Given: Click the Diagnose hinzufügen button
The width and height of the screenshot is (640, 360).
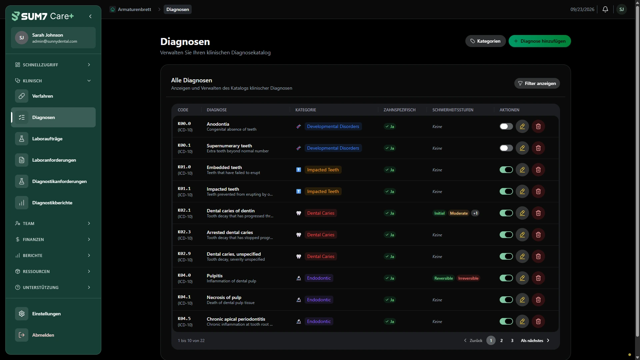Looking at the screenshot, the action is [540, 41].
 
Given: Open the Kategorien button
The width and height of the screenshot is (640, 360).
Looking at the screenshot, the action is [485, 41].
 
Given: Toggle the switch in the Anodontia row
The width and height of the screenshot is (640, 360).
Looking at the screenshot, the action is [506, 126].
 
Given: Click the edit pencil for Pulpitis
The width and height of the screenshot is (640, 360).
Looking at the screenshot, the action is [522, 278].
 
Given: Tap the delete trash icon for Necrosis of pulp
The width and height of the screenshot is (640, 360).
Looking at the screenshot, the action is [538, 300].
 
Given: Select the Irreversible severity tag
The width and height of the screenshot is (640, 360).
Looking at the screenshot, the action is [468, 278].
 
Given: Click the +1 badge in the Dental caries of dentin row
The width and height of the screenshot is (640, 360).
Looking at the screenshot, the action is [475, 213].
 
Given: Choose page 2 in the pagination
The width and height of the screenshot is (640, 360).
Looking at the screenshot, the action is [501, 340].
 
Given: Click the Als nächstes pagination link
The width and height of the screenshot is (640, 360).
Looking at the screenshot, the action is [535, 340].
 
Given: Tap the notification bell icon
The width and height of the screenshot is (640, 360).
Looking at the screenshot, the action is [605, 9].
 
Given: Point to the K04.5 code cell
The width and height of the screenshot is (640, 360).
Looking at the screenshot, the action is [185, 321].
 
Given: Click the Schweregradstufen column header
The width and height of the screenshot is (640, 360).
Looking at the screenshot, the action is [453, 110].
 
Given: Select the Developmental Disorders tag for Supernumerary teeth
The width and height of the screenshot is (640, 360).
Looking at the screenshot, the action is [333, 148].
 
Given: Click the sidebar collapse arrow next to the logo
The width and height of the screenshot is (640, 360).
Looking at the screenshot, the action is [90, 16].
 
